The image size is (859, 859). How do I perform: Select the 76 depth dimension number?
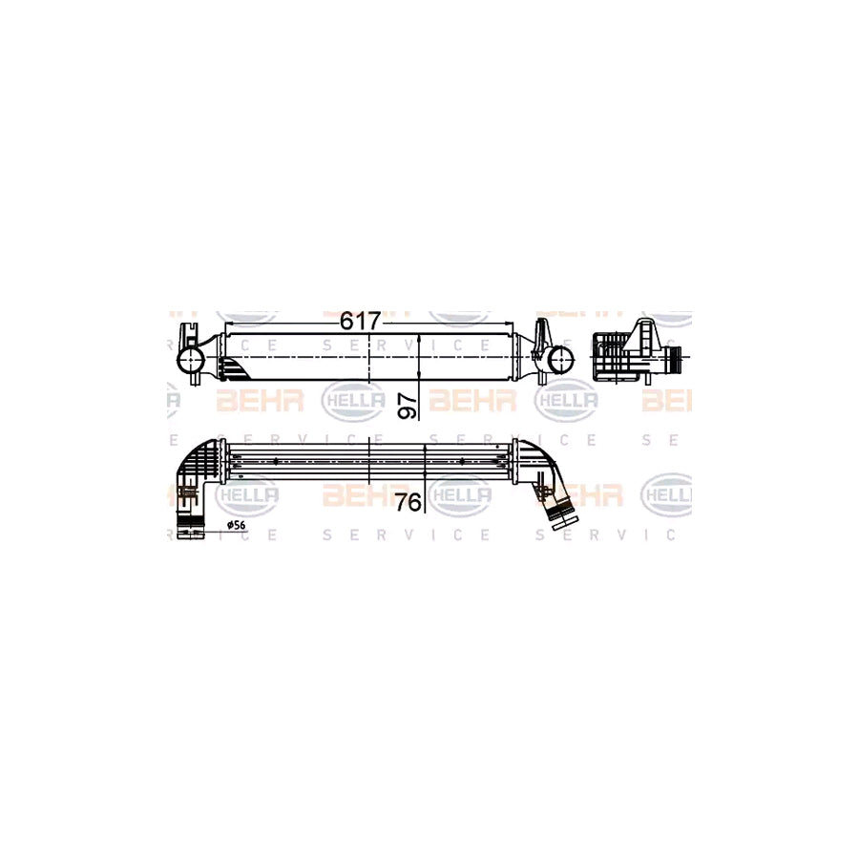(x=409, y=502)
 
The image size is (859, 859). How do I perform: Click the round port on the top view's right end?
(x=560, y=360)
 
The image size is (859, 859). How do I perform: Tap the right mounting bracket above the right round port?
(x=541, y=335)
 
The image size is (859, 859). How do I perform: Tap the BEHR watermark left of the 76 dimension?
(x=367, y=494)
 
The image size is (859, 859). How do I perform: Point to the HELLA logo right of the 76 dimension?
(x=459, y=494)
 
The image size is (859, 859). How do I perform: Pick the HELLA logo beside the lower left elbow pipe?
(x=247, y=494)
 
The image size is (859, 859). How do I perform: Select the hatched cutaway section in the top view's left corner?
(x=235, y=367)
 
